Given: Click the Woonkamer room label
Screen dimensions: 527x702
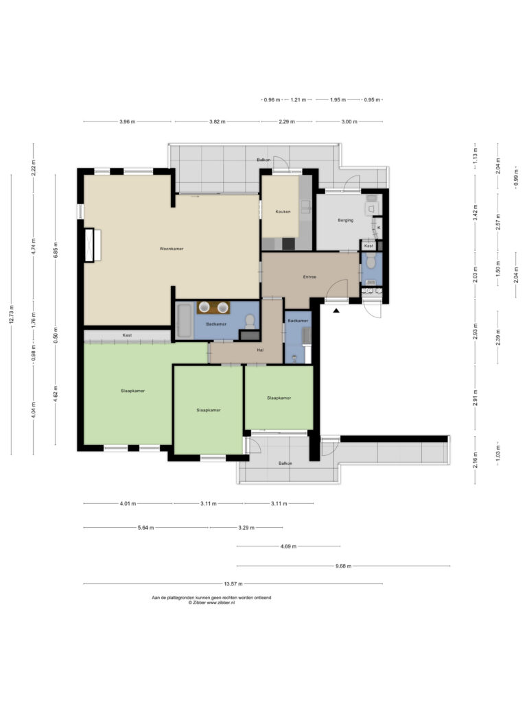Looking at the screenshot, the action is (x=172, y=248).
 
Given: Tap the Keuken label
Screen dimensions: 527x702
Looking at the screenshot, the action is (x=283, y=212).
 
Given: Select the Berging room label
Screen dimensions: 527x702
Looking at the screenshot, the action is (x=346, y=220).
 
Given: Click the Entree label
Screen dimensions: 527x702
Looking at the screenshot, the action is (x=309, y=277).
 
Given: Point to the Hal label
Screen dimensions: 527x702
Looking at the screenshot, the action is (x=260, y=350).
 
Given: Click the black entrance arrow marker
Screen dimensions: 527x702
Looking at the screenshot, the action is (x=336, y=309).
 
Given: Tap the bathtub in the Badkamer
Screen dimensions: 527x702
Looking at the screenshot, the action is (x=185, y=321).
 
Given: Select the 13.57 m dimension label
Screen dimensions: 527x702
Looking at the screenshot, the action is (x=233, y=584).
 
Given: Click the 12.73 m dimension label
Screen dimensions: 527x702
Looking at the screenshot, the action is (x=11, y=314).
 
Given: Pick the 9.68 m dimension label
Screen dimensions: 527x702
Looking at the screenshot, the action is (x=343, y=566).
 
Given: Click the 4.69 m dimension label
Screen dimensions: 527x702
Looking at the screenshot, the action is (x=288, y=546).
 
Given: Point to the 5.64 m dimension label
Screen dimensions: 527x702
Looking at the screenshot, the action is (x=145, y=528).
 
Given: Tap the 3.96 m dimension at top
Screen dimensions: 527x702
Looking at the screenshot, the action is (x=127, y=121).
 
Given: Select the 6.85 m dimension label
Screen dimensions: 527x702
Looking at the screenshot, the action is (x=56, y=250).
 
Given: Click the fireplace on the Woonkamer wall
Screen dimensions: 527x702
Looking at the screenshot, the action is (x=93, y=245).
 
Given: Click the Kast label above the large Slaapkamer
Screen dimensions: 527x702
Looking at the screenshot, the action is (x=127, y=335).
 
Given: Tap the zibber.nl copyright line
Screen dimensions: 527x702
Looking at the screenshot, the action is (x=211, y=603).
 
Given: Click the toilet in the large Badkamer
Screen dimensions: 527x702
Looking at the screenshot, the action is (x=250, y=321).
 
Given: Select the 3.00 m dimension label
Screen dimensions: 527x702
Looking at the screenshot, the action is (x=349, y=121).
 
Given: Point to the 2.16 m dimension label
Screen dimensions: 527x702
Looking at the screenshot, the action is (x=476, y=460).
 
